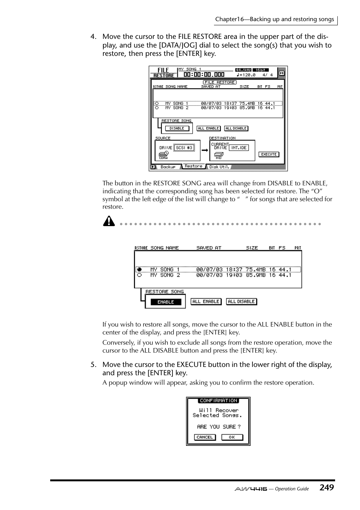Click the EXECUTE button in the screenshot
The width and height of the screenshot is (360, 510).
click(269, 154)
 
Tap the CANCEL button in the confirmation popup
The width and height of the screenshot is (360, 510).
click(205, 437)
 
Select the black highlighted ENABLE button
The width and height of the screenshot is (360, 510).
click(166, 302)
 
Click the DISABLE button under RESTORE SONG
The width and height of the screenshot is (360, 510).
click(177, 128)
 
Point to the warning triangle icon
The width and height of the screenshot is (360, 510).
click(109, 221)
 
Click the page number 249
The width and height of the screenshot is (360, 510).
click(326, 487)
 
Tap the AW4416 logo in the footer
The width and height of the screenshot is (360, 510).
click(251, 489)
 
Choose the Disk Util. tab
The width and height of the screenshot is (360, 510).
click(219, 167)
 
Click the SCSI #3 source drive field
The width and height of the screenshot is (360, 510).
click(184, 148)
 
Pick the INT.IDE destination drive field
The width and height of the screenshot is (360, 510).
click(238, 148)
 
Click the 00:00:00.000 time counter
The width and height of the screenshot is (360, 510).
click(204, 75)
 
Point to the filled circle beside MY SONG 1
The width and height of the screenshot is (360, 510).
click(139, 270)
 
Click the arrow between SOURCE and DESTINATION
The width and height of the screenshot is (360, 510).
click(205, 150)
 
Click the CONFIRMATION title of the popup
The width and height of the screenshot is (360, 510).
click(218, 401)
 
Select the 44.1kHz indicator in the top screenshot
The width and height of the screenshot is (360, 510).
click(243, 70)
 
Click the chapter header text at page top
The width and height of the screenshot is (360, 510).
click(274, 19)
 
